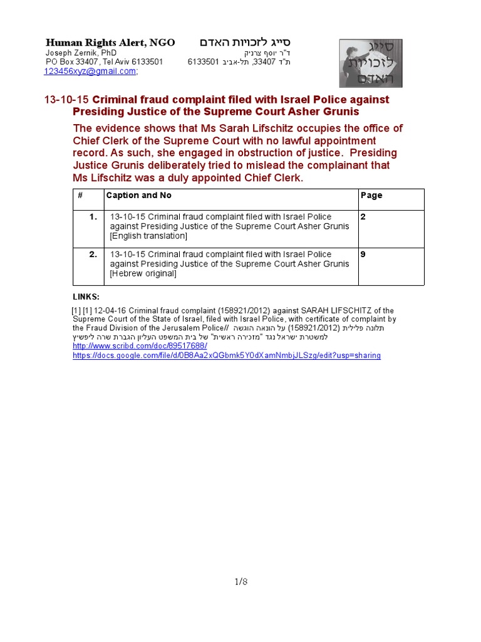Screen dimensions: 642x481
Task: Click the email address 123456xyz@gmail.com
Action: click(x=90, y=71)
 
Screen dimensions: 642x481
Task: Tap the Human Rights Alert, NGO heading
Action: click(x=110, y=43)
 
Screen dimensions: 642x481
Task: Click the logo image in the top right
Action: click(x=371, y=63)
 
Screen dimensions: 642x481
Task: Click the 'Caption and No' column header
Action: click(x=138, y=196)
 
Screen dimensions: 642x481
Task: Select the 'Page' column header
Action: click(x=371, y=196)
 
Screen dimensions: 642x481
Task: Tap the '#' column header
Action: click(x=80, y=196)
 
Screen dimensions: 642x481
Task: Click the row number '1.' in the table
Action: click(x=93, y=217)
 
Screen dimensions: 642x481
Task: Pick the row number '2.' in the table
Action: click(x=93, y=255)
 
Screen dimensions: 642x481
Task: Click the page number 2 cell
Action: click(x=363, y=217)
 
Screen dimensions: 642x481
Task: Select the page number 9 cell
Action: click(x=363, y=255)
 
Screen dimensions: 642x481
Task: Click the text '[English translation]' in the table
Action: click(x=148, y=236)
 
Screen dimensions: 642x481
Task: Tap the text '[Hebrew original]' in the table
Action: click(x=143, y=274)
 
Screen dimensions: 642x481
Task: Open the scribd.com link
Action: click(x=140, y=346)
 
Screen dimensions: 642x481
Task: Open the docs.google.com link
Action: click(x=226, y=355)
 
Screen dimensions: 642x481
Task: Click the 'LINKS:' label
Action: click(x=86, y=297)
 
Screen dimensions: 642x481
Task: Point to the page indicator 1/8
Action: click(x=241, y=582)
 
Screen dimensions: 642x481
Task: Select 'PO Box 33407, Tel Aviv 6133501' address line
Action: click(x=104, y=62)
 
